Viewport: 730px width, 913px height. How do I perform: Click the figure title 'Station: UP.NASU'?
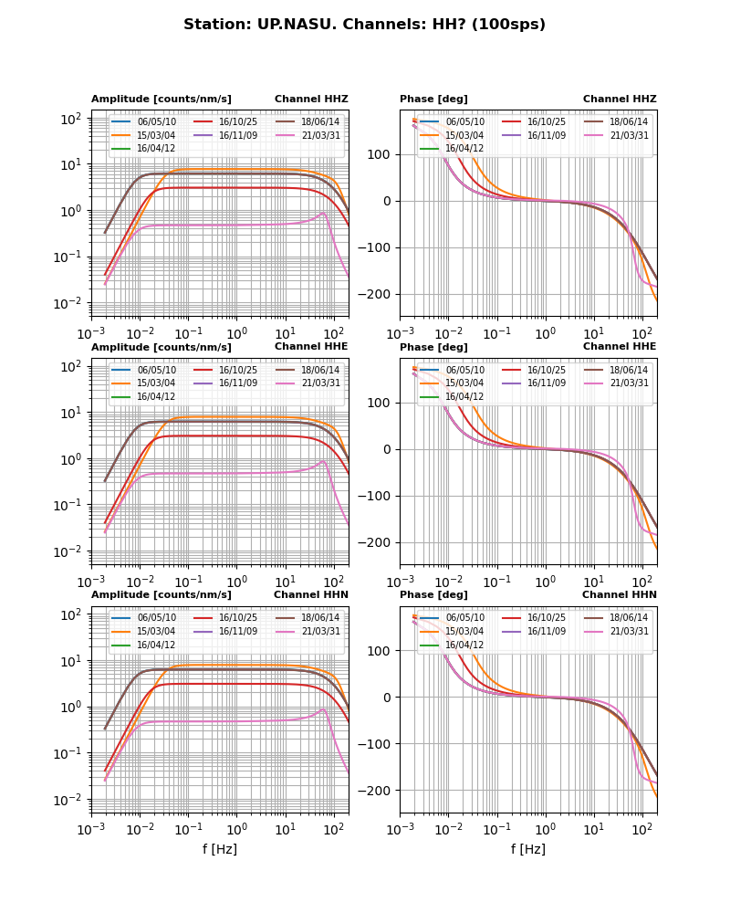[x=364, y=25]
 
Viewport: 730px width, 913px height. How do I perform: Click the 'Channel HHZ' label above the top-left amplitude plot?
[x=311, y=99]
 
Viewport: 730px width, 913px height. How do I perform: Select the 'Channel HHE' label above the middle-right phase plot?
[x=620, y=346]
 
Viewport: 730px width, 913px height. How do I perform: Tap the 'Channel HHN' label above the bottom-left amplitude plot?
[x=311, y=594]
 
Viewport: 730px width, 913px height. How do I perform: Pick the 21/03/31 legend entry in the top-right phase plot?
[x=629, y=135]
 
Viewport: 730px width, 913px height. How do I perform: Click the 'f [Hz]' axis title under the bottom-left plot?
[x=220, y=849]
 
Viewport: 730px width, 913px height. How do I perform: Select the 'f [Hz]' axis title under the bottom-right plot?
[x=528, y=849]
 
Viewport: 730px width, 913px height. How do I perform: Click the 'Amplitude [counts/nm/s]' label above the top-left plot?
[x=162, y=99]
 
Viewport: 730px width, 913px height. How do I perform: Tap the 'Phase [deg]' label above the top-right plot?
[x=433, y=99]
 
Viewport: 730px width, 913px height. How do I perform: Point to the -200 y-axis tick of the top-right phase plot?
[x=378, y=294]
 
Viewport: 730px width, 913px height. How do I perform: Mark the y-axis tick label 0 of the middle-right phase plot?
[x=390, y=449]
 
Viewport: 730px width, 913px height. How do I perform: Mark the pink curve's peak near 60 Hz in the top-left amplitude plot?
[x=324, y=214]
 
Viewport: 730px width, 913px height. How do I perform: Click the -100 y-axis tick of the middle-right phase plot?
[x=378, y=496]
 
